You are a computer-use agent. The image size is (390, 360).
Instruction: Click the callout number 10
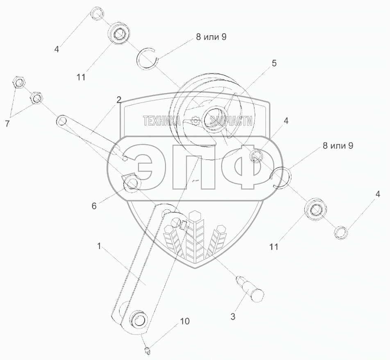(185, 321)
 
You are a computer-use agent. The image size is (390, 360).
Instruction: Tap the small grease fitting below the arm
(147, 351)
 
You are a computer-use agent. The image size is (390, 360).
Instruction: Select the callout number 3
(233, 317)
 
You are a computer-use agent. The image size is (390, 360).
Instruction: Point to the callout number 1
(99, 246)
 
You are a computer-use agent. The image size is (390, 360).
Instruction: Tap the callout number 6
(94, 206)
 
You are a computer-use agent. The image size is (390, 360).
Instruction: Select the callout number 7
(7, 123)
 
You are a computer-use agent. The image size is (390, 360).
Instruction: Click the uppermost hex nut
(18, 82)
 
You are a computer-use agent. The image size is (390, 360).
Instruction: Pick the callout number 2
(119, 100)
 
